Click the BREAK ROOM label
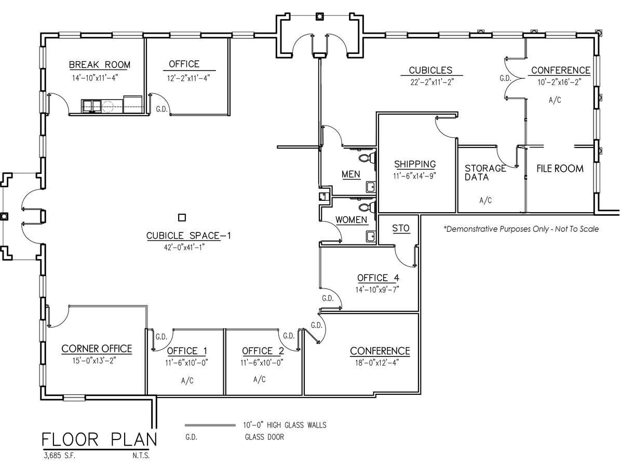(100, 65)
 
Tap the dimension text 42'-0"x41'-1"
(188, 248)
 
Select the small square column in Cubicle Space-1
(182, 217)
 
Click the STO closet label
(400, 228)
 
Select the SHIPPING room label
(414, 164)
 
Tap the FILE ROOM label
(560, 169)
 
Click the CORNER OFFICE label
(97, 349)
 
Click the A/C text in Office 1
(187, 380)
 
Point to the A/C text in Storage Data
(485, 200)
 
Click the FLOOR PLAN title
(99, 440)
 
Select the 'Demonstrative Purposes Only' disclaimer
(521, 229)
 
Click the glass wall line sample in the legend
(210, 425)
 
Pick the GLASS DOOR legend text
(264, 437)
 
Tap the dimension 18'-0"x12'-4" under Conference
(380, 363)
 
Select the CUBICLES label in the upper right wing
(430, 71)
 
